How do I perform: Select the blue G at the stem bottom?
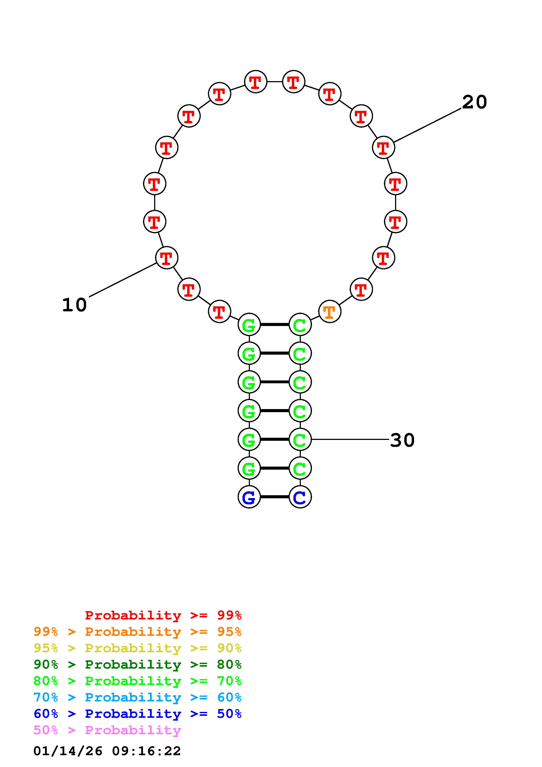coord(249,497)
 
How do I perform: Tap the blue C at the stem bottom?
coord(300,497)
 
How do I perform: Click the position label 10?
coord(75,305)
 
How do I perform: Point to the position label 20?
coord(474,102)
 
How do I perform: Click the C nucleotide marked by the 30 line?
coord(300,439)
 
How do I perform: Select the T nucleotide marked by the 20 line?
coord(383,147)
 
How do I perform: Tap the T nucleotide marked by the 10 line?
coord(166,258)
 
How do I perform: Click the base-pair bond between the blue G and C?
coord(275,497)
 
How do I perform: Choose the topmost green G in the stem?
coord(249,324)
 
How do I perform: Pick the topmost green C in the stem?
coord(300,324)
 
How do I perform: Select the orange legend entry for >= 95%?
coord(138,632)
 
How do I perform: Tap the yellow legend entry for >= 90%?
coord(138,648)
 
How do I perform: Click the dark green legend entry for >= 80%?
coord(138,664)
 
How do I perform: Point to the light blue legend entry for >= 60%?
coord(138,697)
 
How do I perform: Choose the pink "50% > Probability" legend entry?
coord(107,730)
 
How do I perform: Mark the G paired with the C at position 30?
coord(249,439)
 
